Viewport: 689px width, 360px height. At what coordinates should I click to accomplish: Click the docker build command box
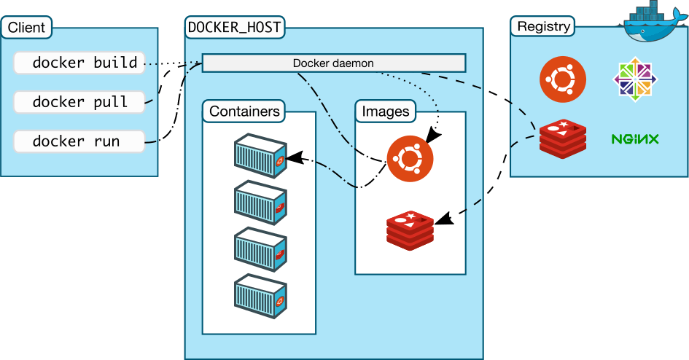pyautogui.click(x=79, y=63)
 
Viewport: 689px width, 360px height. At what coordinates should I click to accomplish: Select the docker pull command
pyautogui.click(x=79, y=102)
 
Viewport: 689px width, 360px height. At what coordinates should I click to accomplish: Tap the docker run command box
pyautogui.click(x=79, y=141)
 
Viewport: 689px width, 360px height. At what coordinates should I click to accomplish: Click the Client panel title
pyautogui.click(x=26, y=28)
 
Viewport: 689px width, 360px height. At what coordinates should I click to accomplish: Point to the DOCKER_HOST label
pyautogui.click(x=235, y=28)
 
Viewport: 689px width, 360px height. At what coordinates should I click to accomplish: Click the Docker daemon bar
pyautogui.click(x=333, y=63)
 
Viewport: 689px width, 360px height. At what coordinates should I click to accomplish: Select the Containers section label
pyautogui.click(x=244, y=111)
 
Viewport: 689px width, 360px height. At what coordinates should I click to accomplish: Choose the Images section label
pyautogui.click(x=386, y=111)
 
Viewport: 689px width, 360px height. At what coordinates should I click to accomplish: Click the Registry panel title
pyautogui.click(x=542, y=27)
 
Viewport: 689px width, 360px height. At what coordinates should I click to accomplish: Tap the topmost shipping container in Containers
pyautogui.click(x=259, y=154)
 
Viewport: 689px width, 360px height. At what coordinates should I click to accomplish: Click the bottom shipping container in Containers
pyautogui.click(x=259, y=296)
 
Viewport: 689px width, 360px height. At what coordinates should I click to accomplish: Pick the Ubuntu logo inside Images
pyautogui.click(x=410, y=158)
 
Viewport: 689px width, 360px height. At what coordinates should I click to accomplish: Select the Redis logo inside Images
pyautogui.click(x=410, y=228)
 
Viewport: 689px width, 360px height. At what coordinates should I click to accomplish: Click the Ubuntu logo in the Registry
pyautogui.click(x=562, y=79)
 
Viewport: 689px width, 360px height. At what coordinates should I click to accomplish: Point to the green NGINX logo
pyautogui.click(x=635, y=138)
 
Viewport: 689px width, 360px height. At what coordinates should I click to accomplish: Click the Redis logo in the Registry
pyautogui.click(x=562, y=138)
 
